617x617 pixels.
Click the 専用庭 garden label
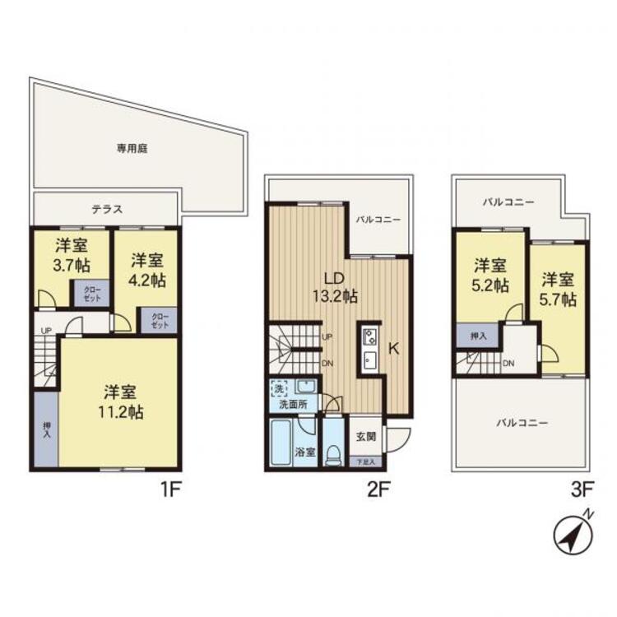(x=131, y=149)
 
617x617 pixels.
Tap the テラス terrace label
(x=107, y=209)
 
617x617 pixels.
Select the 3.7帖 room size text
(x=72, y=266)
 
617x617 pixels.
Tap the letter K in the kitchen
(x=393, y=348)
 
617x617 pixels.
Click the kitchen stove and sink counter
(x=368, y=350)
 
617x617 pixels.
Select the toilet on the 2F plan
(x=334, y=452)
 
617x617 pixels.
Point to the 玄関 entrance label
(x=365, y=436)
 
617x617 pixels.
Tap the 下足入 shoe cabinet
(x=365, y=463)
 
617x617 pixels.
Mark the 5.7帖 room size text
(x=559, y=289)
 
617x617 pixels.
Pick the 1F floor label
(x=169, y=491)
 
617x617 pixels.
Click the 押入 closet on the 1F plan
(x=46, y=429)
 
